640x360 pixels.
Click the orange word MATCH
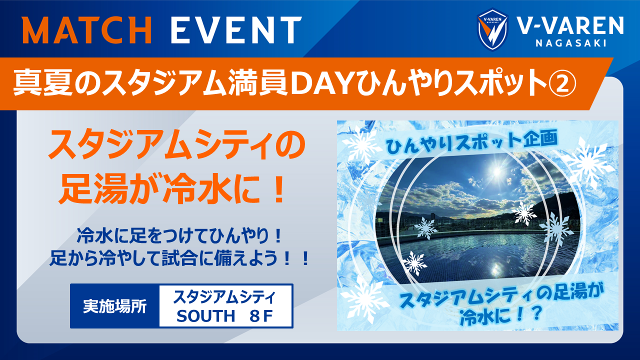click(x=87, y=29)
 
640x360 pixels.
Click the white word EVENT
click(x=236, y=29)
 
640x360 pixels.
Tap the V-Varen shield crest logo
click(x=492, y=29)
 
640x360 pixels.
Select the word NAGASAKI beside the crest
click(x=571, y=43)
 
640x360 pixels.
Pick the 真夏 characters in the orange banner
click(x=43, y=84)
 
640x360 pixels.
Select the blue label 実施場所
click(x=115, y=306)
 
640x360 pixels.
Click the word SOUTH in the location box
click(x=205, y=315)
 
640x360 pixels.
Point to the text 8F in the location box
click(x=260, y=315)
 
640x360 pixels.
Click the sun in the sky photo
click(x=496, y=170)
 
